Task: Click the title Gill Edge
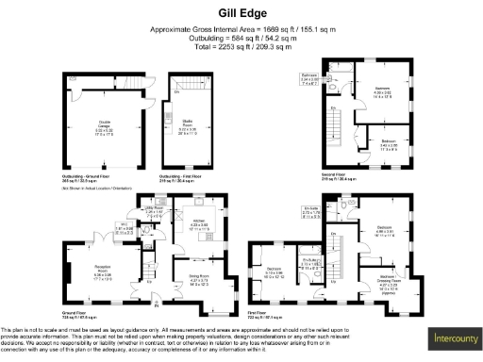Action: tap(241, 14)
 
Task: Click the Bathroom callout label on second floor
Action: tap(335, 78)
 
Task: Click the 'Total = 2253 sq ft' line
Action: tap(241, 45)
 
